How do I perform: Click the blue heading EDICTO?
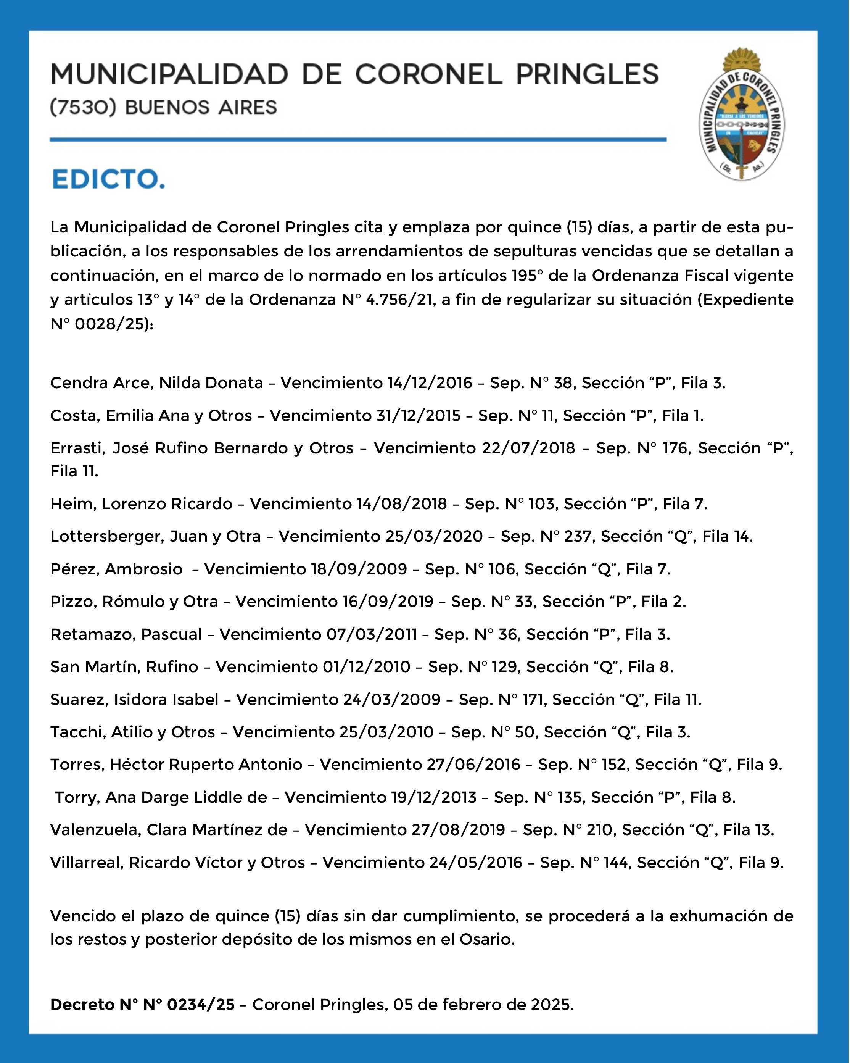click(x=108, y=179)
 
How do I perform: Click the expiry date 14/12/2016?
click(x=428, y=383)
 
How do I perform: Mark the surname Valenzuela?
click(x=96, y=830)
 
